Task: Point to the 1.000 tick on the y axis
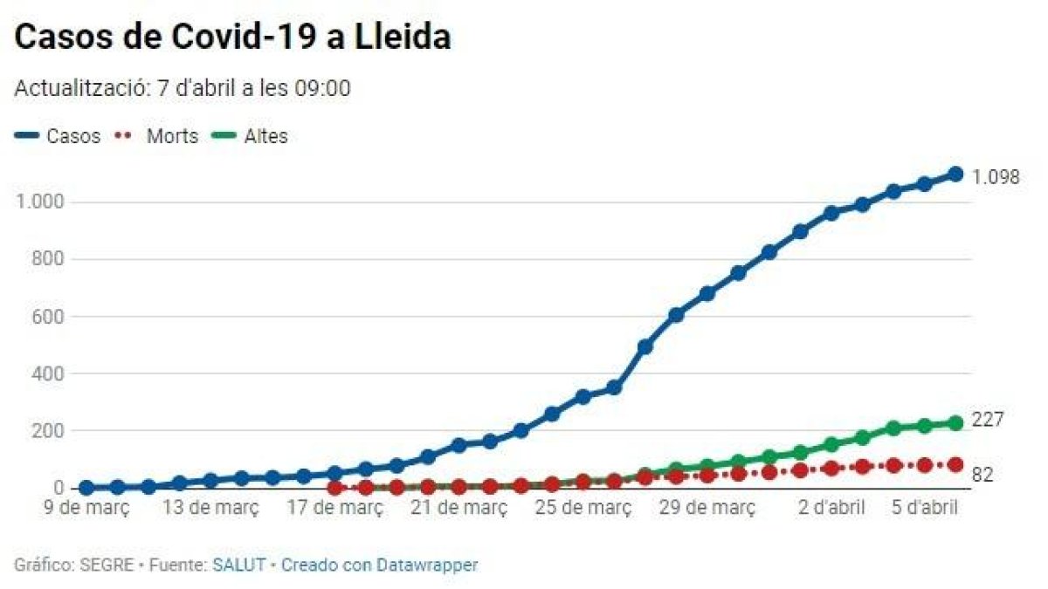point(39,202)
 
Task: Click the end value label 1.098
point(996,177)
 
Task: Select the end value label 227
point(988,420)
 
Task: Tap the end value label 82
point(982,475)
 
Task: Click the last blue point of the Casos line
point(955,174)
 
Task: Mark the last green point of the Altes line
point(955,423)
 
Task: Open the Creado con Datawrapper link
point(380,565)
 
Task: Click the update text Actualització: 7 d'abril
point(183,88)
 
